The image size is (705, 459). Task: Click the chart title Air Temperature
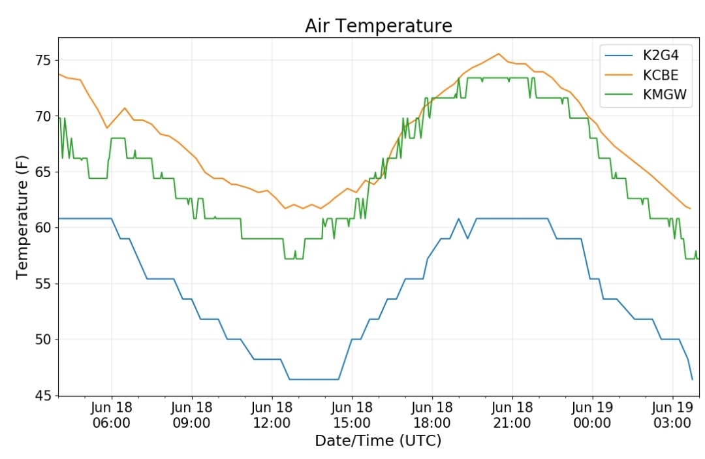pos(378,25)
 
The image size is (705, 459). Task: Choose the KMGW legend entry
pos(646,95)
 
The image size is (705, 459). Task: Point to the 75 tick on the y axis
pos(43,60)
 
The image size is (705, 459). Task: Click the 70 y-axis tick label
pos(43,116)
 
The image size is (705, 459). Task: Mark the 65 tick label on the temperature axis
pos(43,172)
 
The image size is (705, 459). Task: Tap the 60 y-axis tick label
pos(43,228)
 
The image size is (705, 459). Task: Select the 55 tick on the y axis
pos(43,284)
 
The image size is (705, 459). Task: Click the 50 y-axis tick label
pos(43,340)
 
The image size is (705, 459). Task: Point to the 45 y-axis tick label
pos(43,396)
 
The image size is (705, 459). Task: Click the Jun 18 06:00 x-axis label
pos(112,415)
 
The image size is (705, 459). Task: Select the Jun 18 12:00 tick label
pos(272,415)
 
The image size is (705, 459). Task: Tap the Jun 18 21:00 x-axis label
pos(512,415)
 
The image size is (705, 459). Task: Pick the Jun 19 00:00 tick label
pos(592,415)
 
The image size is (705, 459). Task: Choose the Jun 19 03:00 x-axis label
pos(672,415)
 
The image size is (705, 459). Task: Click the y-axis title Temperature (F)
pos(22,217)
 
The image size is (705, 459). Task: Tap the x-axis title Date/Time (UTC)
pos(378,441)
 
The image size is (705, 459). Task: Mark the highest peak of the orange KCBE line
pos(498,54)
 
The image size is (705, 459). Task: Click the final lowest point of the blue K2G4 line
pos(693,379)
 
